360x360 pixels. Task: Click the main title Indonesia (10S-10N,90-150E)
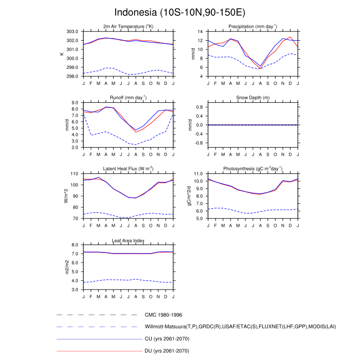(180, 12)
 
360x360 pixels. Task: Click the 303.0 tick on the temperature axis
(73, 31)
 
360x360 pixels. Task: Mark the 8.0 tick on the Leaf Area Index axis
(75, 245)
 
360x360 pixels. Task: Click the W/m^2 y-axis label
(66, 196)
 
